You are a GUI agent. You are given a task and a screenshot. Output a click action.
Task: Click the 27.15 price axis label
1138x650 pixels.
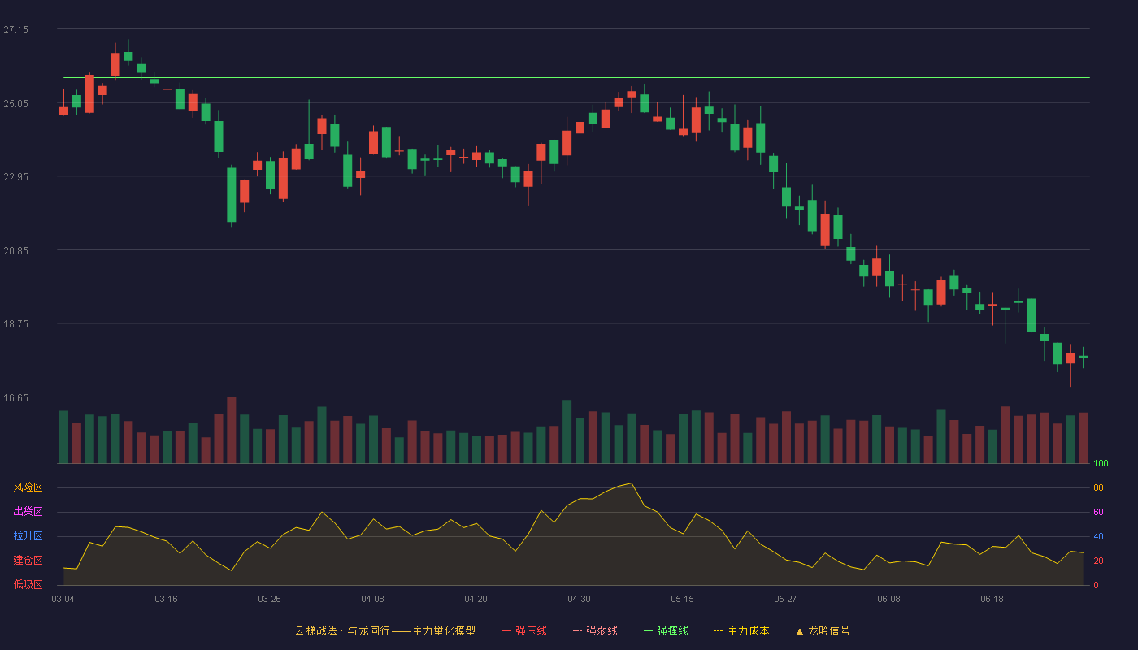pos(15,30)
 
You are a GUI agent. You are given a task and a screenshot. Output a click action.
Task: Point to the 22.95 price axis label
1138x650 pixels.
pos(15,177)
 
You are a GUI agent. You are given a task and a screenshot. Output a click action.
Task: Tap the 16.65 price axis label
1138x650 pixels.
pos(15,397)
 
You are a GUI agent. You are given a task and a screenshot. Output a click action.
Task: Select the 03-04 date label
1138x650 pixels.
pos(63,599)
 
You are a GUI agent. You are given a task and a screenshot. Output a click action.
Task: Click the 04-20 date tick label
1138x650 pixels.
pos(476,599)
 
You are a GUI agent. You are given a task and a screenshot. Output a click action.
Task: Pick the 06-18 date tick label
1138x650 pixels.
pos(992,599)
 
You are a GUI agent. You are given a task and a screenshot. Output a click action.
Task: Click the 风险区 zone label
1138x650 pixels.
pos(28,487)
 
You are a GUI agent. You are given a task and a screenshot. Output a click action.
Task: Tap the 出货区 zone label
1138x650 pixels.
pos(28,511)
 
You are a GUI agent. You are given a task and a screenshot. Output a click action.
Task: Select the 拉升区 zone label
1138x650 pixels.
pos(28,535)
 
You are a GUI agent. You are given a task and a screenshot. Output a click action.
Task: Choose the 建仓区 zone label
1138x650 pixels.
pos(28,560)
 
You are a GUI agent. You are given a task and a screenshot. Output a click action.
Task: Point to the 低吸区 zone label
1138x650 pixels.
pos(28,584)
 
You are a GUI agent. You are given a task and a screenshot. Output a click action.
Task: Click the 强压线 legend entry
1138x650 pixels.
pos(524,630)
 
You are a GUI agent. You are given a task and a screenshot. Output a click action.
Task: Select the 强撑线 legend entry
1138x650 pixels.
pos(666,630)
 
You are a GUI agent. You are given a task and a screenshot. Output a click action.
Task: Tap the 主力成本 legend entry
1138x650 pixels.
pos(741,630)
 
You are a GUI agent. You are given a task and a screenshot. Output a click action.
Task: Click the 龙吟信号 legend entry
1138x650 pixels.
pos(823,630)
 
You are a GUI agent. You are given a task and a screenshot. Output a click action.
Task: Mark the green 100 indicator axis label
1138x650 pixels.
pos(1101,463)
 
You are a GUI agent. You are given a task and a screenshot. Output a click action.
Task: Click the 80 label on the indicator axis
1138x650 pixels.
pos(1098,487)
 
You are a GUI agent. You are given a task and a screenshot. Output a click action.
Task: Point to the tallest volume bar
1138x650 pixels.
pos(231,430)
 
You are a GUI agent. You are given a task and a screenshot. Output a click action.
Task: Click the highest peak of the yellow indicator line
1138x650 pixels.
pos(631,483)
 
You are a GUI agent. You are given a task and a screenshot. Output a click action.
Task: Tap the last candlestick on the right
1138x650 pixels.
pos(1083,357)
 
